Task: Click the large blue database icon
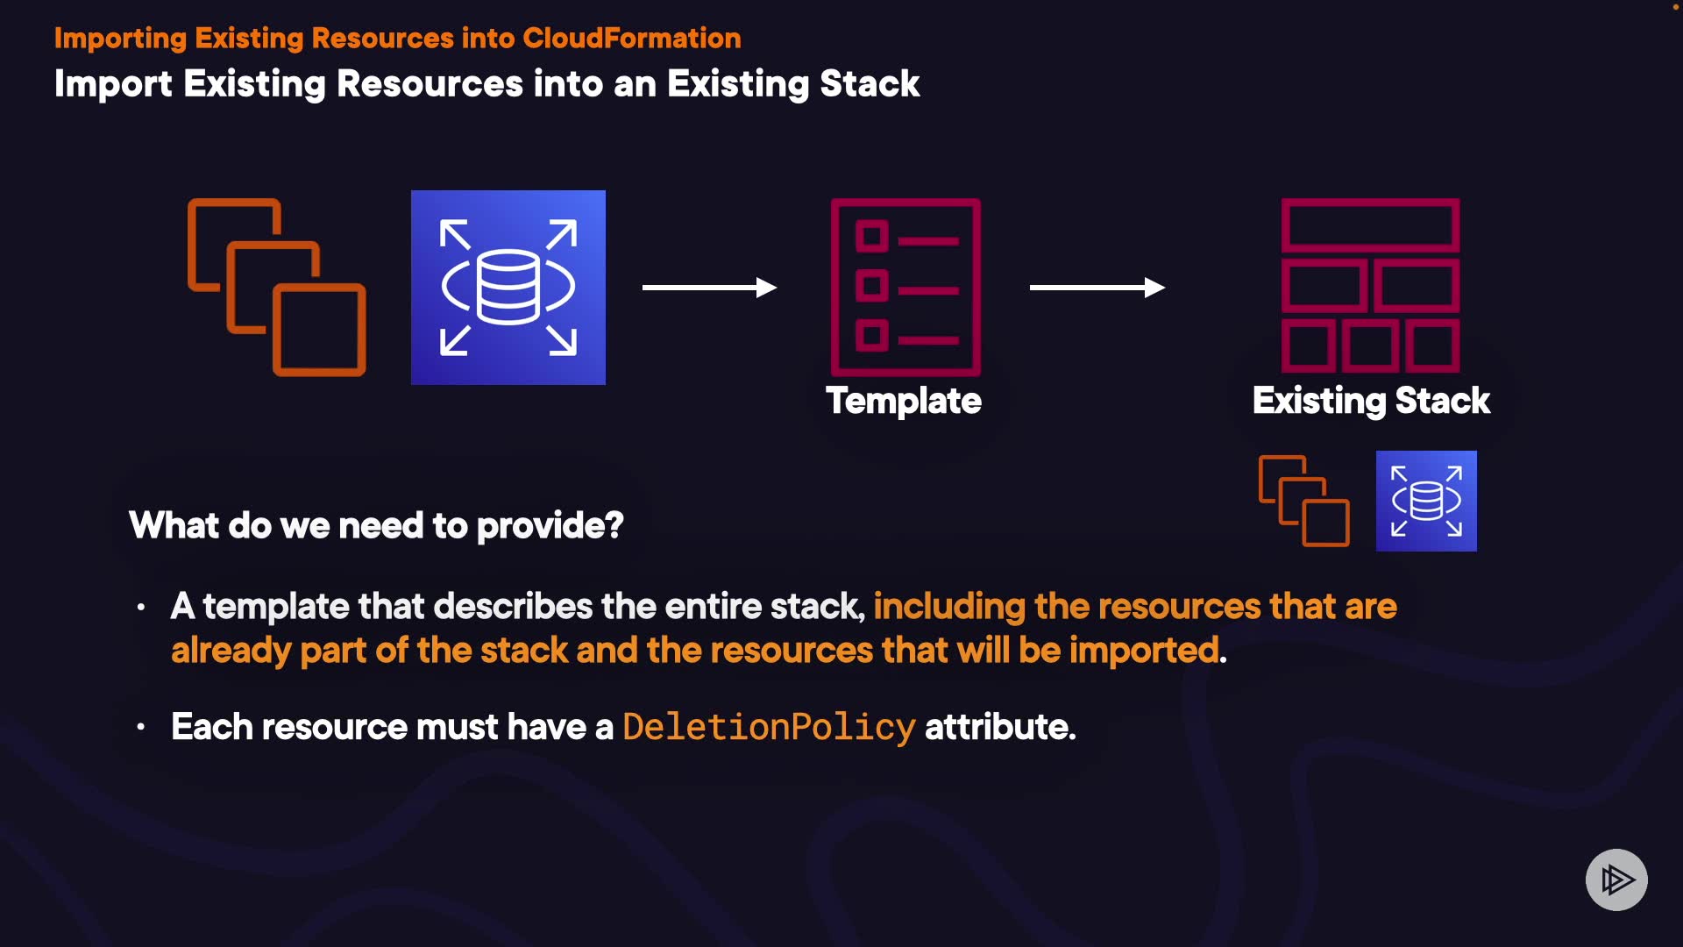coord(508,288)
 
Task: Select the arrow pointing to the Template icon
coord(709,288)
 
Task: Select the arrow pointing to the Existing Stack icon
coord(1097,288)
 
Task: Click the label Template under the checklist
coord(904,401)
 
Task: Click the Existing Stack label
coord(1371,401)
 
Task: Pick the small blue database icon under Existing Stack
coord(1426,501)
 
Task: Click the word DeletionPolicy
coord(769,727)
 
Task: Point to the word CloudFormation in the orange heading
coord(632,38)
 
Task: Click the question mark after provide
coord(614,525)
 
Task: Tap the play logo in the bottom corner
coord(1616,879)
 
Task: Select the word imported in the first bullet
coord(1144,651)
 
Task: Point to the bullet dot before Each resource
coord(141,727)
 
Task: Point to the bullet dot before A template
coord(141,607)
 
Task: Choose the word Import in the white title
coord(113,84)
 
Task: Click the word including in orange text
coord(949,607)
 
